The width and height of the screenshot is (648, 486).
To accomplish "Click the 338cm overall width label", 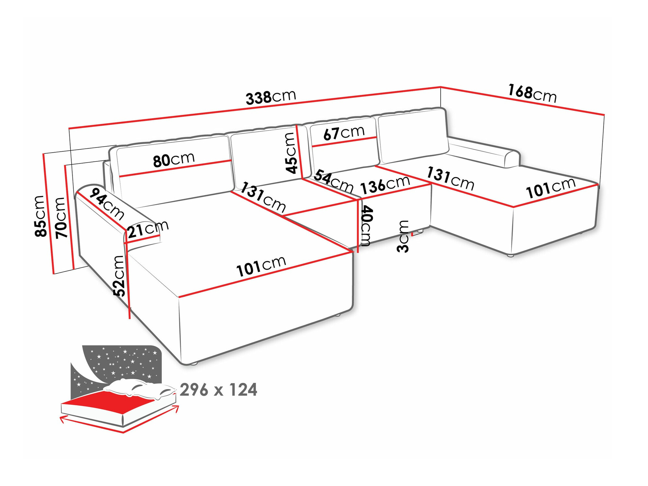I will pos(271,97).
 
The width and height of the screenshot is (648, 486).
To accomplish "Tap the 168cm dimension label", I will pos(532,93).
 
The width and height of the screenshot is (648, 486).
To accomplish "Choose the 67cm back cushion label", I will pos(344,133).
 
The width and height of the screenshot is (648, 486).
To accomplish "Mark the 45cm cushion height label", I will pos(291,153).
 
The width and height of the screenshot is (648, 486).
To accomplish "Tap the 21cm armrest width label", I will pos(147,229).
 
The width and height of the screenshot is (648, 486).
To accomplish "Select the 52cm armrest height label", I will pos(119,276).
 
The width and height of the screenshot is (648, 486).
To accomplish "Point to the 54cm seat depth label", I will pos(333,182).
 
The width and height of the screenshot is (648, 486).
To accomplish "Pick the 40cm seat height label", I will pos(366,226).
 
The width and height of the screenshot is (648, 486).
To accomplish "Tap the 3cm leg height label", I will pos(403,237).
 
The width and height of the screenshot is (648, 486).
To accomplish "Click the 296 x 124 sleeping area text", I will pos(218,390).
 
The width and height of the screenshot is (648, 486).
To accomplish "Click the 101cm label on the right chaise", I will pos(550,188).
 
